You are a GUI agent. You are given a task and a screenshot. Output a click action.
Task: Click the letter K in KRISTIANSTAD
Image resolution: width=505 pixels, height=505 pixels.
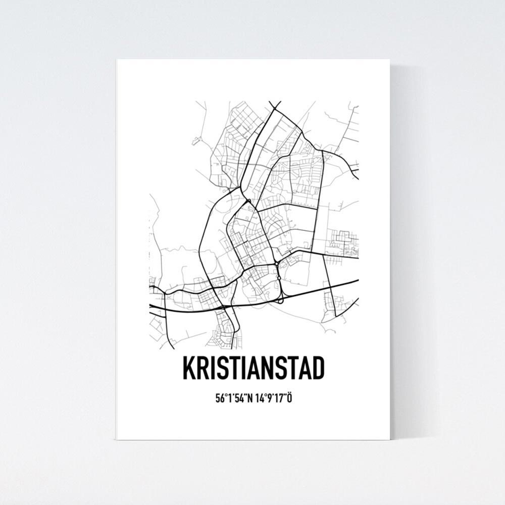coord(189,369)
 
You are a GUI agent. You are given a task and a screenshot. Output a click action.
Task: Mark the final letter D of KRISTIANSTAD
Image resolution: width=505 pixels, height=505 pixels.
coord(316,369)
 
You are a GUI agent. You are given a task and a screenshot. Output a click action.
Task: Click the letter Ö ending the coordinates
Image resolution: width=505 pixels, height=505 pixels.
coord(290,398)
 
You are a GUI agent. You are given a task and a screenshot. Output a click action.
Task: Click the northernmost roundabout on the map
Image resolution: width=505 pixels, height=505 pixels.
coord(249,202)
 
